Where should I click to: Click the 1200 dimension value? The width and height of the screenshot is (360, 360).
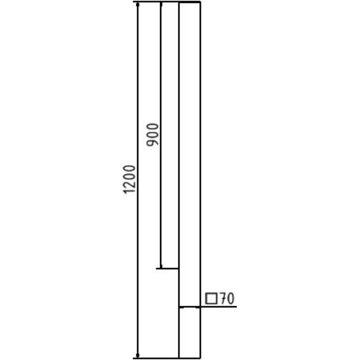pos(129,179)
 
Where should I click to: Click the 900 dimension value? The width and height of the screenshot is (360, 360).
pos(153,135)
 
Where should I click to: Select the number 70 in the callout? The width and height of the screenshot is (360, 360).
pos(225,299)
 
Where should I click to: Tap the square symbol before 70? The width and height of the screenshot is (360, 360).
pos(210,299)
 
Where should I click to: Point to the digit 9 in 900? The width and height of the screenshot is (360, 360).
pos(153,143)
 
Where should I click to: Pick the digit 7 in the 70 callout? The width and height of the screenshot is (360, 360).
pos(222,299)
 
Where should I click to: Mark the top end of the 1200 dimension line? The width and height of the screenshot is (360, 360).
pos(137,3)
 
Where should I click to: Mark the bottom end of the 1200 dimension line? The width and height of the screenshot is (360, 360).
pos(137,358)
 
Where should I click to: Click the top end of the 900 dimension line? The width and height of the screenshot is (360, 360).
pos(160,3)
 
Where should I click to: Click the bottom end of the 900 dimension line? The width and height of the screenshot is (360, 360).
pos(160,269)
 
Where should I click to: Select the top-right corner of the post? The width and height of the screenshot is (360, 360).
pos(199,3)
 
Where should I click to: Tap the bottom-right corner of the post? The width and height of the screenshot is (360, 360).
pos(199,358)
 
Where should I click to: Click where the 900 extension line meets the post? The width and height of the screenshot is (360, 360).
pos(179,269)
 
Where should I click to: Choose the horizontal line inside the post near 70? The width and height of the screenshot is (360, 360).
pos(189,306)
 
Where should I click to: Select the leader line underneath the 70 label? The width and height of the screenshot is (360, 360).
pos(219,306)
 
